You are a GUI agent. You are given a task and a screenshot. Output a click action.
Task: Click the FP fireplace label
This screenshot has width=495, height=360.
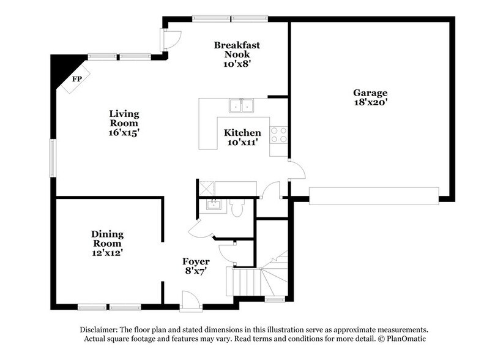(x=77, y=80)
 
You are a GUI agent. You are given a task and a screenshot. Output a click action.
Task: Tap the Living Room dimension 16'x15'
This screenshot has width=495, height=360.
(x=124, y=132)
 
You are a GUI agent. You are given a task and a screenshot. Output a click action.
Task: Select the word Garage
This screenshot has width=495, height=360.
(x=370, y=93)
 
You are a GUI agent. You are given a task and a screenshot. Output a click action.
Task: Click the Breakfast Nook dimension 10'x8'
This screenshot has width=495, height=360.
(x=237, y=64)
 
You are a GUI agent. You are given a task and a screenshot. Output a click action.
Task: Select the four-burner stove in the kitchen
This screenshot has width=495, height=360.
(x=279, y=135)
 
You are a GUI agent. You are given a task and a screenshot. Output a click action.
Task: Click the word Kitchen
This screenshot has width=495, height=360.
(x=242, y=133)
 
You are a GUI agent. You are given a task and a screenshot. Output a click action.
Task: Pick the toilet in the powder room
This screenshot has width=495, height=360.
(x=239, y=209)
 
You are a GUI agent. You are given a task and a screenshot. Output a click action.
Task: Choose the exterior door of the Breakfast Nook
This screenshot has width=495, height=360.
(x=168, y=40)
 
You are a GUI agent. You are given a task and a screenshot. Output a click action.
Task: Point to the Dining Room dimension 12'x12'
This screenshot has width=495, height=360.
(x=108, y=252)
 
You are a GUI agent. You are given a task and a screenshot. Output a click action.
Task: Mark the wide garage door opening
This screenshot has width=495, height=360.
(x=374, y=195)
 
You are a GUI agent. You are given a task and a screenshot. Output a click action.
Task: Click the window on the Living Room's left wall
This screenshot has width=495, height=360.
(x=53, y=158)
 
